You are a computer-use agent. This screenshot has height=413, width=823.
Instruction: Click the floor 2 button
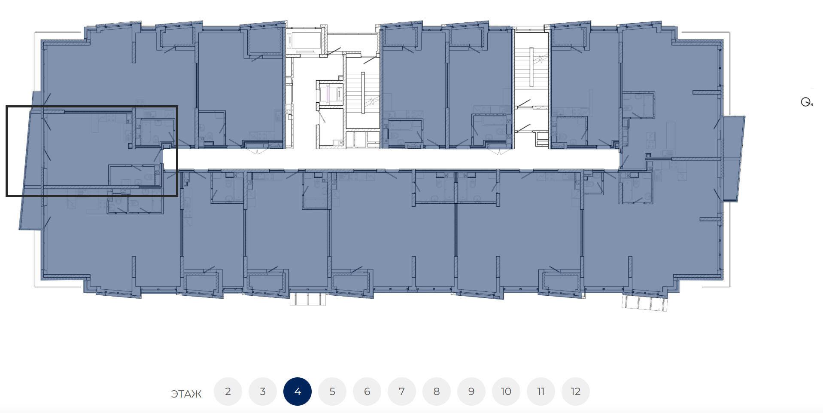tap(228, 392)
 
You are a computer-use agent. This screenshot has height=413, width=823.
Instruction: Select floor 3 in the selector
tap(263, 392)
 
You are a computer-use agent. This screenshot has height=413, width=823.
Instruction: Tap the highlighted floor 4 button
tap(298, 392)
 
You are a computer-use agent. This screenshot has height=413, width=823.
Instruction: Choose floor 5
tap(332, 392)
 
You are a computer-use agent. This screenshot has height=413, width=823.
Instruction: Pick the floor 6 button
tap(367, 392)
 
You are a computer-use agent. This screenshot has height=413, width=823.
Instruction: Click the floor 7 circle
tap(402, 392)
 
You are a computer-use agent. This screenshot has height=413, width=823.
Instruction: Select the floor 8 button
tap(437, 392)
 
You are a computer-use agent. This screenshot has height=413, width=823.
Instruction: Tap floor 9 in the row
tap(471, 392)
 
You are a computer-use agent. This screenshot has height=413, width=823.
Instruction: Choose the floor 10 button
tap(506, 392)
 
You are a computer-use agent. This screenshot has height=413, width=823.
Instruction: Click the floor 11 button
tap(541, 392)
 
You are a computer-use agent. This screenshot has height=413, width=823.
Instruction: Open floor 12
tap(576, 392)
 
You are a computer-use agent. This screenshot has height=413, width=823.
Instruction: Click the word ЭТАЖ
tap(186, 394)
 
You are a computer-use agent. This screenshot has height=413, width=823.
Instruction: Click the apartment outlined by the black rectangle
tap(91, 151)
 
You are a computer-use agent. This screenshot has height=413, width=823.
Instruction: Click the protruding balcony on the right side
tap(733, 158)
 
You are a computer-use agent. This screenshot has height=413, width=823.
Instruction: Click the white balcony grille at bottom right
tap(645, 302)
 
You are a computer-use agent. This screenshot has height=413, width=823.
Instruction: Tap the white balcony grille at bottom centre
tap(308, 299)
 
